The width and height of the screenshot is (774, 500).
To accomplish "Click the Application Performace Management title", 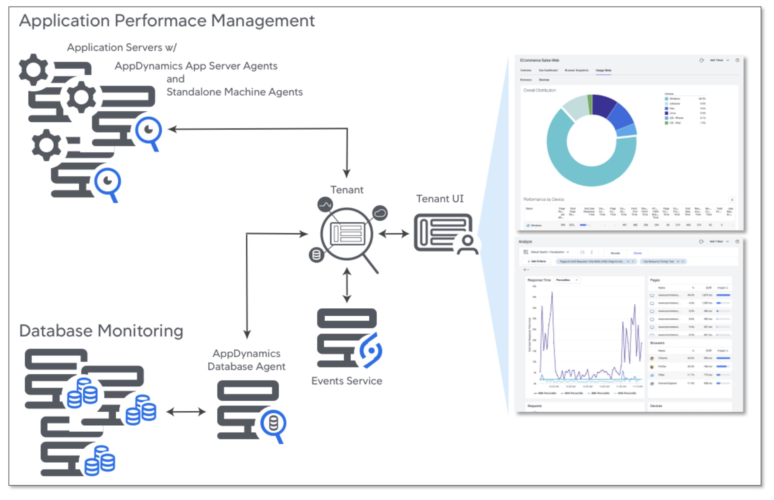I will [167, 21].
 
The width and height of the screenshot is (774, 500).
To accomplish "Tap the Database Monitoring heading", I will [101, 331].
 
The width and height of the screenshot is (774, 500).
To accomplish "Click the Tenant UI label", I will [440, 199].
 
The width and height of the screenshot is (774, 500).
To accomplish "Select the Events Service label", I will [346, 381].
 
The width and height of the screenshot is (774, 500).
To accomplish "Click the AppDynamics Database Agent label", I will [246, 360].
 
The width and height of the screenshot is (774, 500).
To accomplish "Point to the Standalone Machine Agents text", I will [234, 92].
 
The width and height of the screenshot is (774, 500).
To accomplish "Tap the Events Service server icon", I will [347, 337].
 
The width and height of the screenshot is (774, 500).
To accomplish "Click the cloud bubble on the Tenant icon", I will [380, 213].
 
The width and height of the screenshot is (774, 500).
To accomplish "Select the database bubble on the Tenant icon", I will [316, 255].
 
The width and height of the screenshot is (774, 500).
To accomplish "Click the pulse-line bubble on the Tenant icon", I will [325, 204].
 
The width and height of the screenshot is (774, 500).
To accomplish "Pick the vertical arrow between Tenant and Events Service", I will [347, 285].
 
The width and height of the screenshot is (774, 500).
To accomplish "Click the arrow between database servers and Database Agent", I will [186, 412].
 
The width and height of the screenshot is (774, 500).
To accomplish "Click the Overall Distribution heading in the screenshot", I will [539, 90].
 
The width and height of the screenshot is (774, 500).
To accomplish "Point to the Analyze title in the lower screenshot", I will [525, 242].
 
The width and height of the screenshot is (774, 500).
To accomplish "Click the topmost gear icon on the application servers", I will [33, 69].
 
